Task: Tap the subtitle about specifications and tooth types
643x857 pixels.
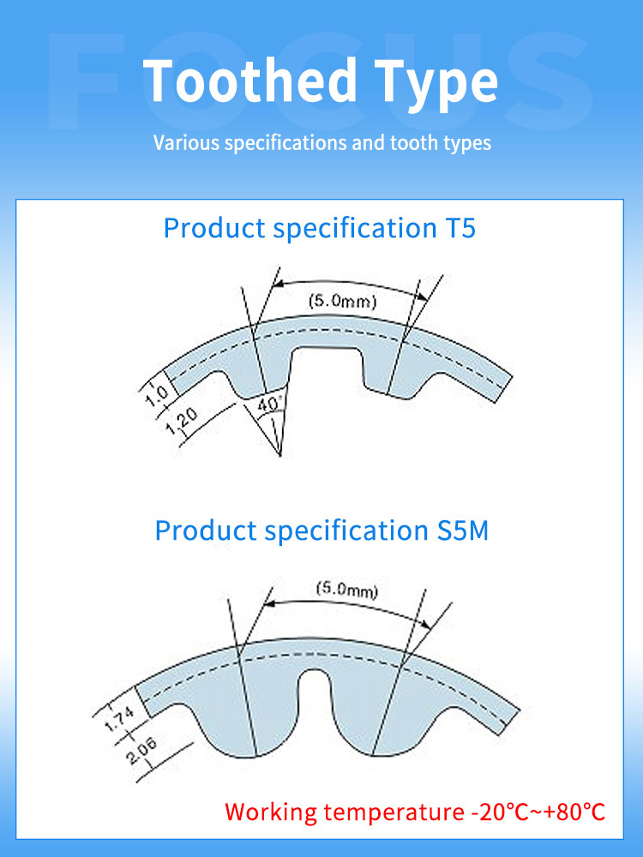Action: coord(322,142)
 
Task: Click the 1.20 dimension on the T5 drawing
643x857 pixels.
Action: coord(183,423)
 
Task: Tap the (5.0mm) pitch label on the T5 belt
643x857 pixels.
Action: coord(342,301)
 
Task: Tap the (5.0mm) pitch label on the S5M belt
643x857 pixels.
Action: coord(346,590)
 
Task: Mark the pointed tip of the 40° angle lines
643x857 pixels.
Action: coord(281,454)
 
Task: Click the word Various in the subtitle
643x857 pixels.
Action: coord(185,142)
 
